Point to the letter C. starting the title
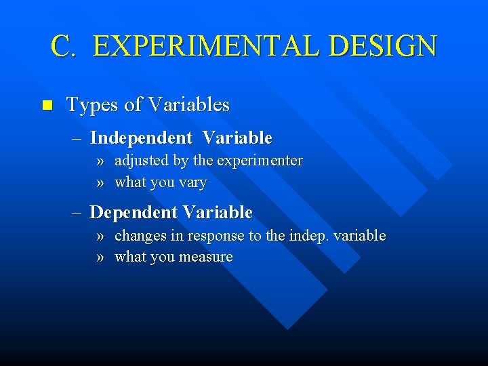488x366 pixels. tap(66, 46)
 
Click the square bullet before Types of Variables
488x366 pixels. tap(47, 105)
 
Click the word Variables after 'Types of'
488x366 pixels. tap(188, 105)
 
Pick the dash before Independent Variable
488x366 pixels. tap(78, 138)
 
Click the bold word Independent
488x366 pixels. tap(141, 138)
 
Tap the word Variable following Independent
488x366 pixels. tap(237, 138)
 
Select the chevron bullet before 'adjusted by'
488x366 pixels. tap(100, 161)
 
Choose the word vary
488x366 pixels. tap(193, 182)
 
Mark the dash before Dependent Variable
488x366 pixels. tap(78, 213)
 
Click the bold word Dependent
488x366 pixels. tap(133, 213)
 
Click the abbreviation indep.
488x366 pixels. tap(308, 236)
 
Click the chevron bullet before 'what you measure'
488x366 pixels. tap(100, 257)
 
